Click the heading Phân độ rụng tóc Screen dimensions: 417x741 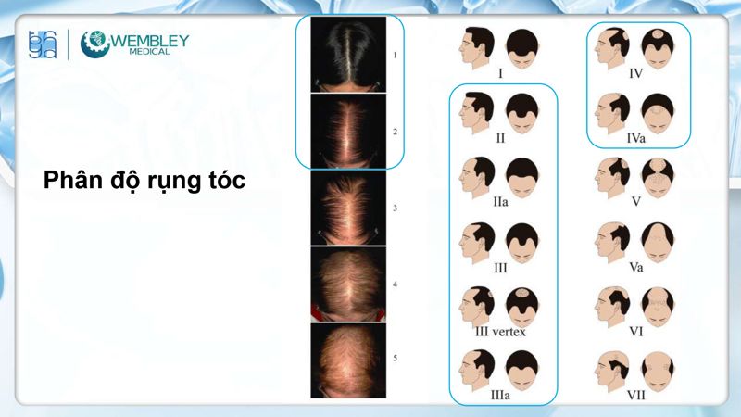pos(144,181)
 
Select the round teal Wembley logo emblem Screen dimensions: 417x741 pos(95,44)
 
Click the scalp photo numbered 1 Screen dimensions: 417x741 pos(348,55)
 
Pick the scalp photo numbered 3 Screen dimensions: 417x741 pos(348,208)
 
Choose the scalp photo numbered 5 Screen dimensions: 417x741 pos(348,360)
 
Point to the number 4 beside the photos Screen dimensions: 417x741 pos(395,284)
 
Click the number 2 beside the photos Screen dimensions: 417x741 pos(395,132)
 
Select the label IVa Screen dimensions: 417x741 pos(635,136)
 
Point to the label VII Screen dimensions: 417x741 pos(635,395)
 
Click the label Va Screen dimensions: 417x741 pos(635,267)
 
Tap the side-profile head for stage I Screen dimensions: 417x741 pos(479,44)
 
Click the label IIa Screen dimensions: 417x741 pos(499,202)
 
